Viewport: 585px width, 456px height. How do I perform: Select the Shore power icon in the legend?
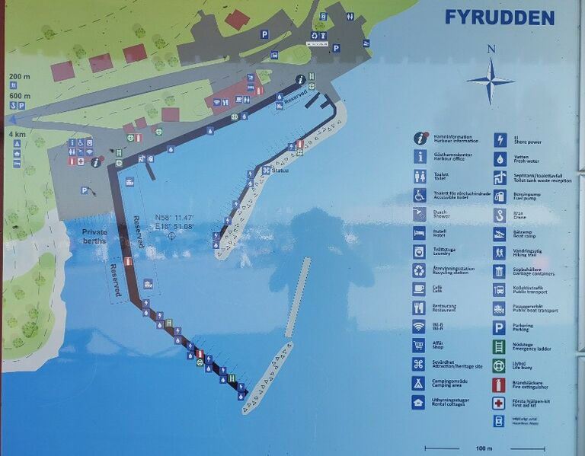tap(500, 140)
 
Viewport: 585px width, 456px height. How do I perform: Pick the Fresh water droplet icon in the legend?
tap(500, 159)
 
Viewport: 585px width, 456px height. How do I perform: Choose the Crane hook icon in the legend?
tap(500, 215)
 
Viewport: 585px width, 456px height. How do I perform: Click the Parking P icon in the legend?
tap(499, 327)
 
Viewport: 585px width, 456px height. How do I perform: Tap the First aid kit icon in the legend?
tap(499, 403)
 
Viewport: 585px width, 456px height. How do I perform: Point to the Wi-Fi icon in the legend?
tap(418, 327)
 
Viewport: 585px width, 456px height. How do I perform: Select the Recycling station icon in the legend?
tap(419, 270)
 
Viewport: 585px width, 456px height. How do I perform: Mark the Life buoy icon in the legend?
tap(499, 365)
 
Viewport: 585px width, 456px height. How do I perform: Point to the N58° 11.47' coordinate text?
tap(174, 217)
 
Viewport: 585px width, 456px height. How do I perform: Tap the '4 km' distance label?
tap(16, 134)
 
